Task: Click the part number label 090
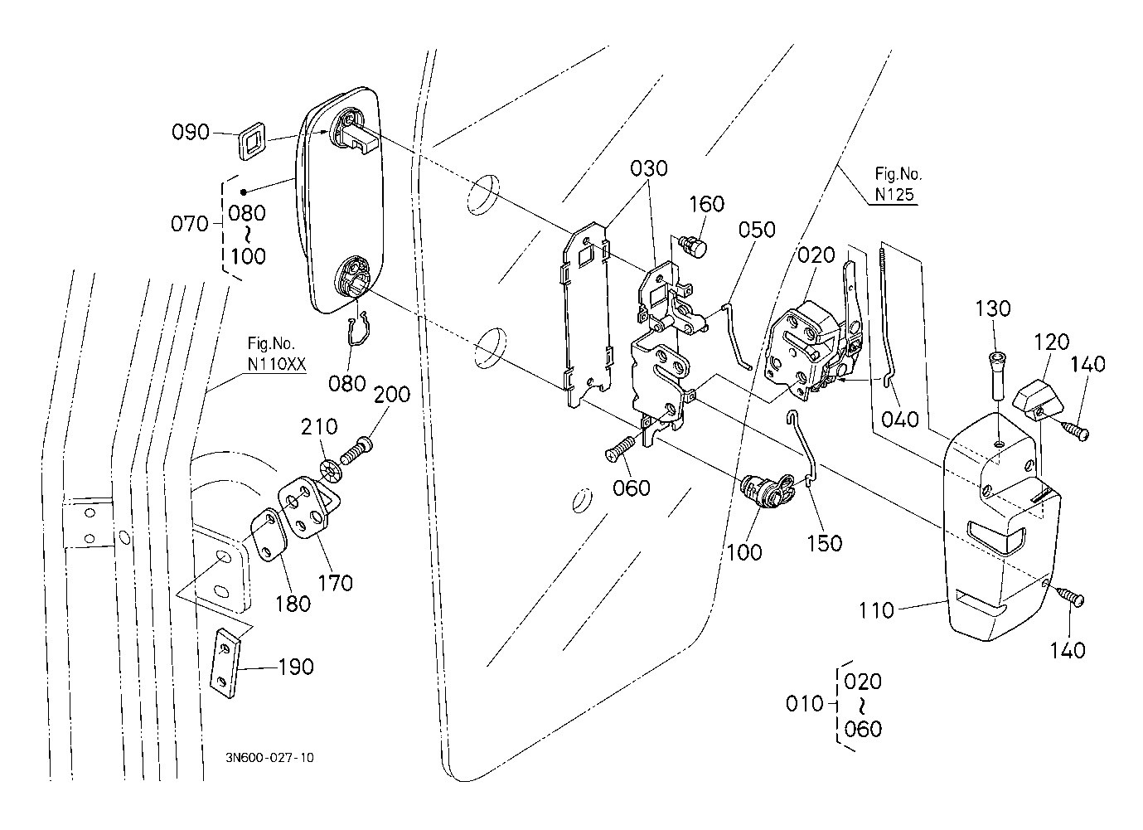[x=190, y=132]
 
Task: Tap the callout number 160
[x=706, y=204]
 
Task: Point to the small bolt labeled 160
[x=693, y=245]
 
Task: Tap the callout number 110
[x=877, y=610]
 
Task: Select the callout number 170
[x=336, y=583]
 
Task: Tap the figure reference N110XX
[x=276, y=364]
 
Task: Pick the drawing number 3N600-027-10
[x=269, y=757]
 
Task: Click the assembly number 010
[x=803, y=704]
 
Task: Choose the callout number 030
[x=648, y=168]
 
